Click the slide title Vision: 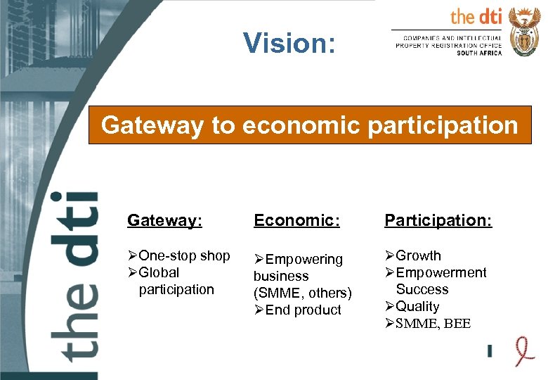289,44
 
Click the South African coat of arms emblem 523,32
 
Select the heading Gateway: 164,220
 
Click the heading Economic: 296,220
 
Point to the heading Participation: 438,220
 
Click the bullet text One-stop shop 184,255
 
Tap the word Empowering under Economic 304,260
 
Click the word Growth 418,255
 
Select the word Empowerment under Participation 441,272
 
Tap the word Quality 417,306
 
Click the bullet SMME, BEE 433,324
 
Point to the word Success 422,289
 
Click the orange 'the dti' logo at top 476,17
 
